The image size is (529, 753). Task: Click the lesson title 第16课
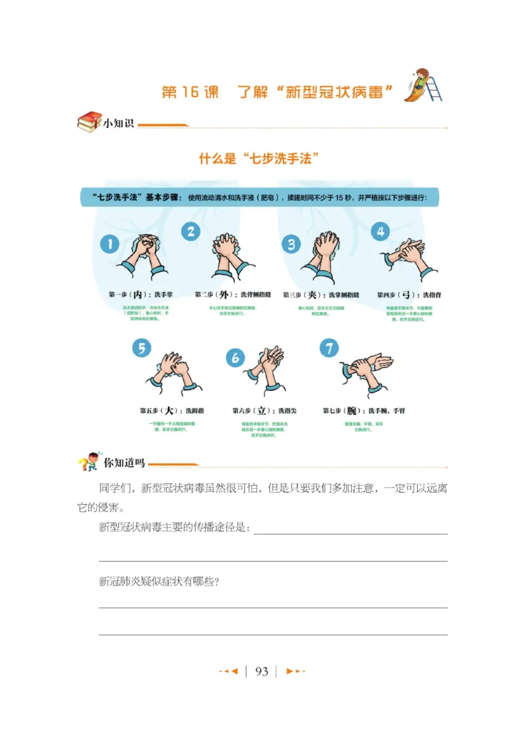[190, 91]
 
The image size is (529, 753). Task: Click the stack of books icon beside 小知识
[89, 122]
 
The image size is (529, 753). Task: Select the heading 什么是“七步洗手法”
[259, 158]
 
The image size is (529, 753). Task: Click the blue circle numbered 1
[109, 244]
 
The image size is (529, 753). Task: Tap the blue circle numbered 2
[190, 231]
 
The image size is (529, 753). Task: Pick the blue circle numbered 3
[291, 244]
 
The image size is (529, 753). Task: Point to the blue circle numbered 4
[380, 231]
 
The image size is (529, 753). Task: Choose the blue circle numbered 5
[141, 348]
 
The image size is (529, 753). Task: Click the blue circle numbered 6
[235, 358]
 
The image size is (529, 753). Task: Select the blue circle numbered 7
[329, 348]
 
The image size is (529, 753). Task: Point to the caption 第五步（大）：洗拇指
[171, 411]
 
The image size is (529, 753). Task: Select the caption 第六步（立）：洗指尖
[264, 411]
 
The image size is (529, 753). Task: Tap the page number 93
[262, 672]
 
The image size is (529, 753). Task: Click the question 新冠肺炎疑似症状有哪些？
[159, 581]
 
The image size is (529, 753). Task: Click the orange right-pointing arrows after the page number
[295, 672]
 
